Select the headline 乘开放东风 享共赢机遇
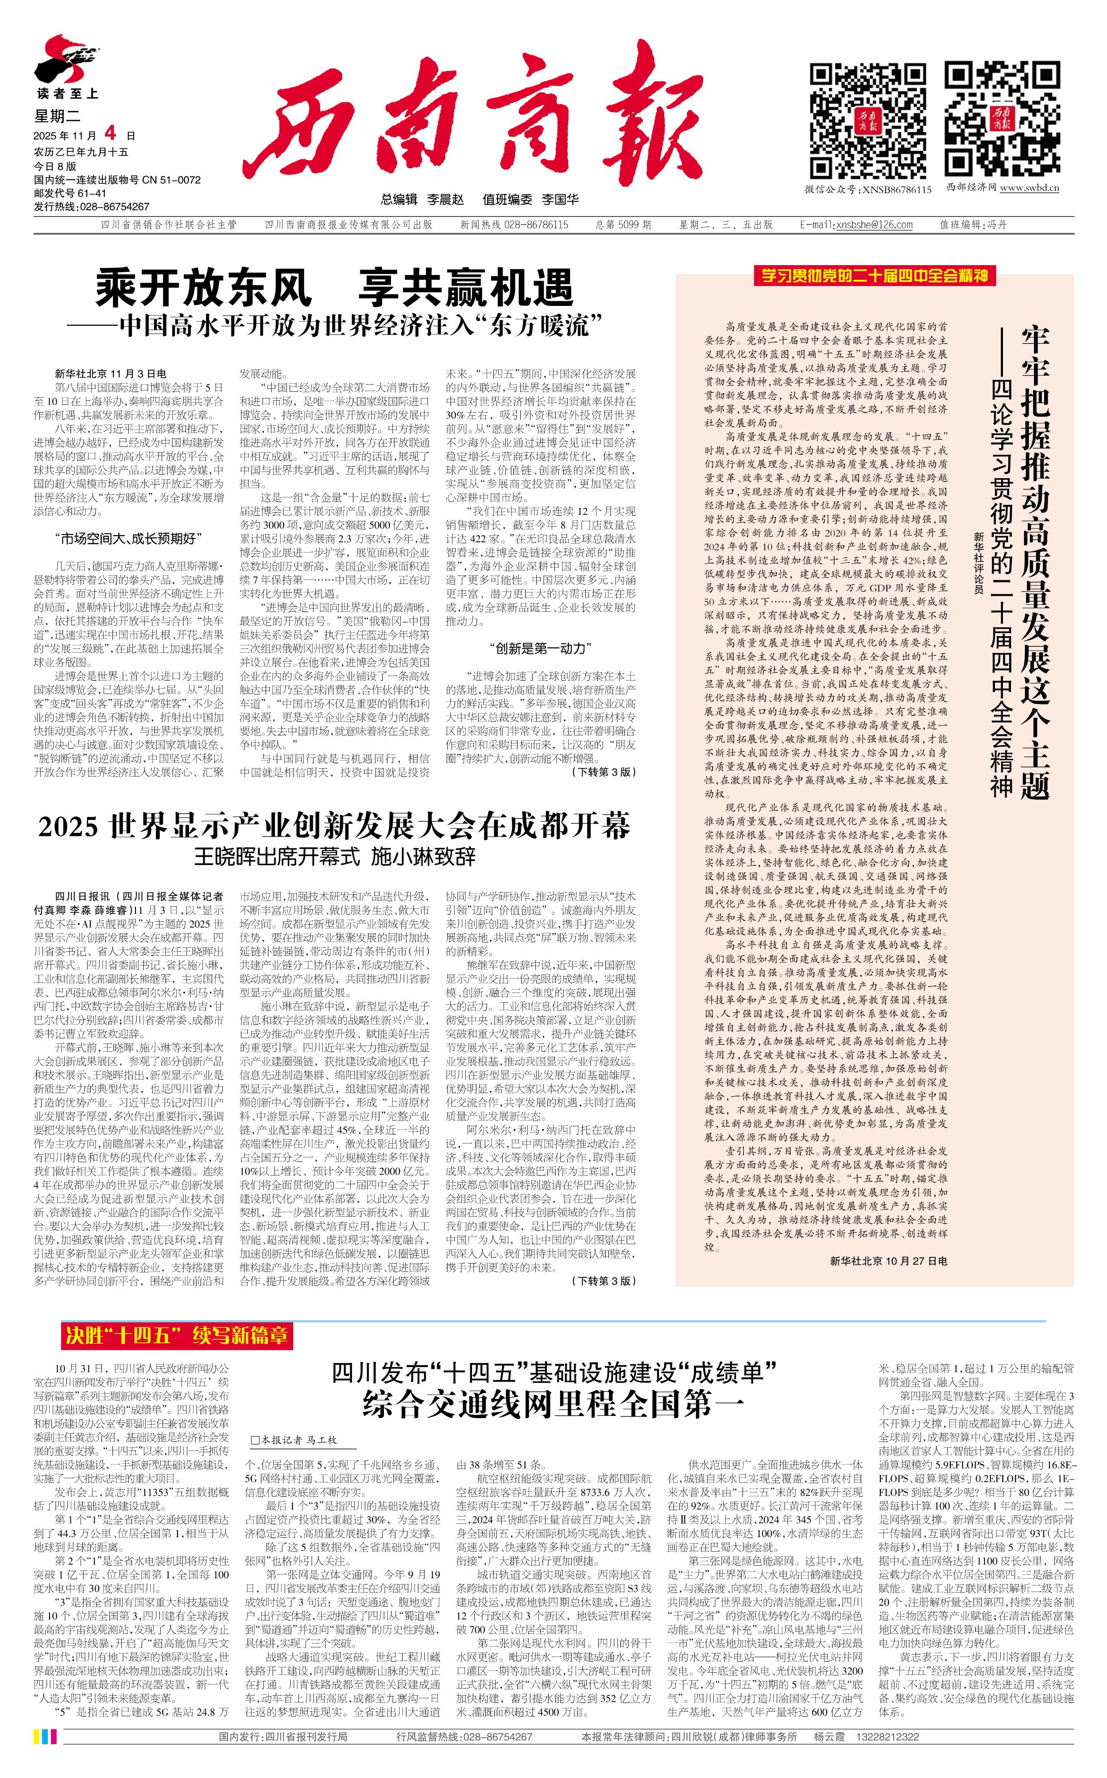335,288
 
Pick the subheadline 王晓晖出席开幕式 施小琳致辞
335,856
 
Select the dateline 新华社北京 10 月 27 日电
888,1260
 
